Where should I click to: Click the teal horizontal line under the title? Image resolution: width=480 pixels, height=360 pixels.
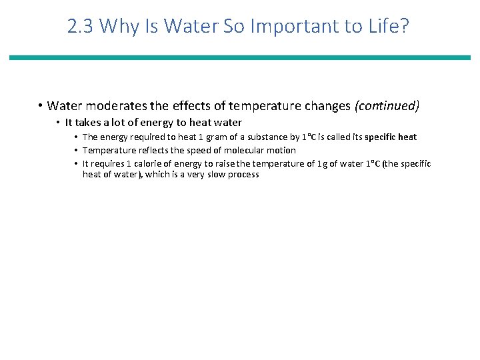[x=240, y=58]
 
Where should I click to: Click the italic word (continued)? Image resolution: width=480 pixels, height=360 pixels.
[x=387, y=105]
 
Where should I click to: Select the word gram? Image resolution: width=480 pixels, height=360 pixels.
[x=201, y=137]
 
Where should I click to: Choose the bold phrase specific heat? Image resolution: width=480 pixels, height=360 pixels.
[x=391, y=137]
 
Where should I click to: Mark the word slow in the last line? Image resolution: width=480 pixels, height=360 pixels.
[x=211, y=175]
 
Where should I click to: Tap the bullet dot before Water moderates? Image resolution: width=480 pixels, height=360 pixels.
[x=41, y=105]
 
